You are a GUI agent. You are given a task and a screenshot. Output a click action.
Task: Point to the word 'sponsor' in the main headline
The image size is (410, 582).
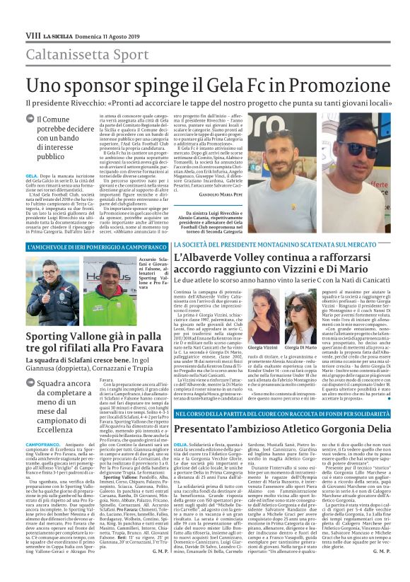point(92,85)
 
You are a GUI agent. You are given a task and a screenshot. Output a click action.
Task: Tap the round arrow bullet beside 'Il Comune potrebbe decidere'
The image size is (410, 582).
point(30,121)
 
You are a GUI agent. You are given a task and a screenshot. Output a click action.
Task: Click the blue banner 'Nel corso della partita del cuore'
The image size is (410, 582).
point(288,412)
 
